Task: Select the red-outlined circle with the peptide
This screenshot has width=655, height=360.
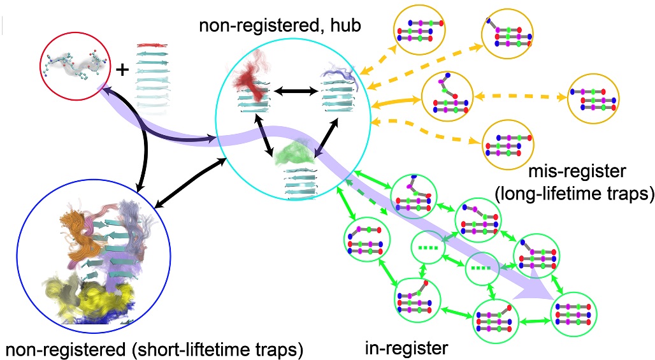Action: click(72, 64)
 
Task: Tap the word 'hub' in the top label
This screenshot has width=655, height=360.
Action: click(348, 27)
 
